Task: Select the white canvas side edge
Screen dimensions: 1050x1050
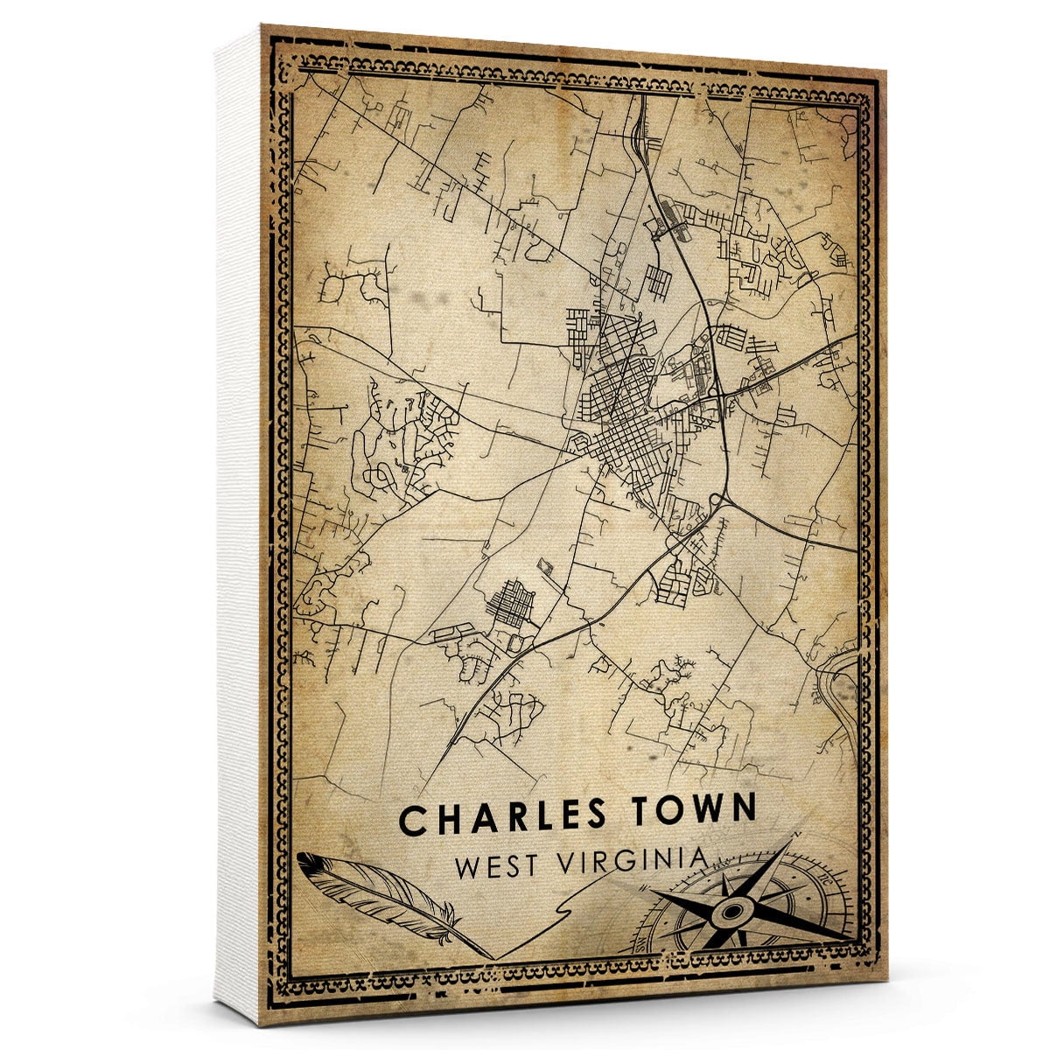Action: [x=238, y=525]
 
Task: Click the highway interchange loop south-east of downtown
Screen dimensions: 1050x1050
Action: [x=719, y=500]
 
